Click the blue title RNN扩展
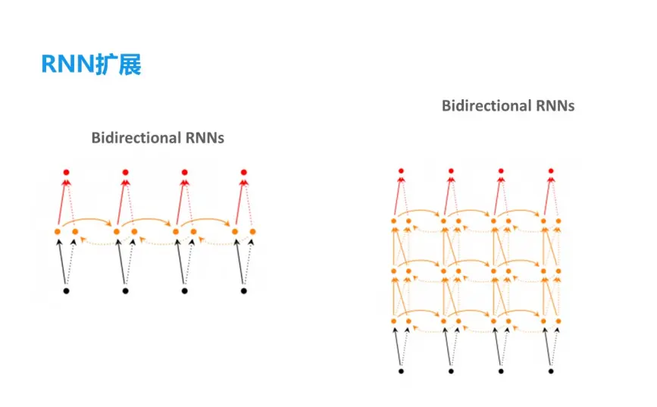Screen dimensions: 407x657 tap(91, 65)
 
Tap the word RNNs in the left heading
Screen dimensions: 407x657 tap(205, 138)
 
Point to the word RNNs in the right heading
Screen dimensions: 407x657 tap(555, 105)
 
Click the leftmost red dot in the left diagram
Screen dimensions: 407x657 tap(66, 172)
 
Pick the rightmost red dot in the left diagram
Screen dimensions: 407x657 tap(244, 172)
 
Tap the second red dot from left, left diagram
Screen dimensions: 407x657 tap(125, 172)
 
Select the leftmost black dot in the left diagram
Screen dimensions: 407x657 tap(66, 290)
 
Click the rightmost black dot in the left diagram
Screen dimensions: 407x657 tap(244, 290)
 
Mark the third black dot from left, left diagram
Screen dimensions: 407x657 tap(185, 290)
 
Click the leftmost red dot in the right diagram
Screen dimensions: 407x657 tap(401, 171)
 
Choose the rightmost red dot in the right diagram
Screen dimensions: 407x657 tap(552, 171)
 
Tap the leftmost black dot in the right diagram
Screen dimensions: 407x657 tap(401, 371)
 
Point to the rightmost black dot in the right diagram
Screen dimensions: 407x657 tap(552, 371)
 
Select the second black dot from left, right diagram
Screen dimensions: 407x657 tap(451, 371)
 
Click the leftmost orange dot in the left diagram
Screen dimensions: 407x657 tap(58, 230)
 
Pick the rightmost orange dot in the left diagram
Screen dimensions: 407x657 tap(252, 230)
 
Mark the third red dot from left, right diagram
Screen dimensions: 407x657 tap(501, 171)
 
